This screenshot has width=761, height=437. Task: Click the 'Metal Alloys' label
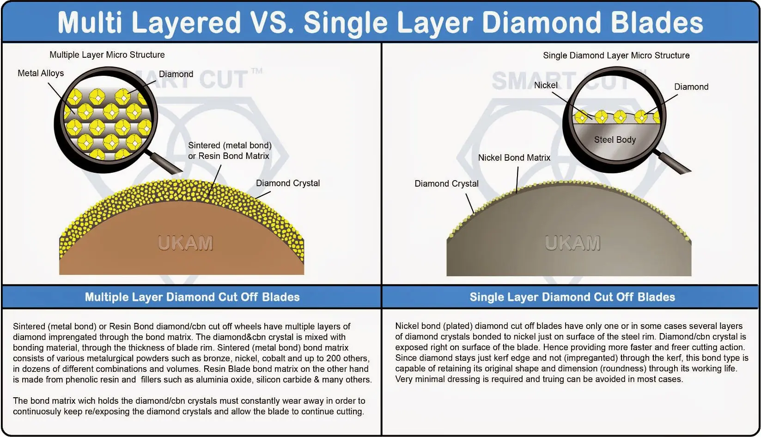pyautogui.click(x=41, y=73)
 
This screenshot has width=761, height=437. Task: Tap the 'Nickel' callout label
pyautogui.click(x=546, y=85)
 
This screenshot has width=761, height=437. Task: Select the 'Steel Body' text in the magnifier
pyautogui.click(x=615, y=140)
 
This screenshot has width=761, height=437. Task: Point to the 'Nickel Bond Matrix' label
pyautogui.click(x=514, y=158)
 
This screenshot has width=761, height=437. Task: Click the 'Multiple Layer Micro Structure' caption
pyautogui.click(x=107, y=55)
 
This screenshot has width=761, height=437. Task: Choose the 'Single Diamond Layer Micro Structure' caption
pyautogui.click(x=616, y=56)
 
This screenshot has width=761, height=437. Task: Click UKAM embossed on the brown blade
pyautogui.click(x=185, y=243)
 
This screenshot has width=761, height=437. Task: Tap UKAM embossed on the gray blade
pyautogui.click(x=573, y=243)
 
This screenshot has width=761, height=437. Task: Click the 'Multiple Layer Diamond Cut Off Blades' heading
pyautogui.click(x=192, y=297)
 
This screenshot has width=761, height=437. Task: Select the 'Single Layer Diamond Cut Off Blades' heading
pyautogui.click(x=572, y=297)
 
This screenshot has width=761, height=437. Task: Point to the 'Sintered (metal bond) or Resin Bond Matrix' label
pyautogui.click(x=230, y=151)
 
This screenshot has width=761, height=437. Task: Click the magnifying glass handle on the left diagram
pyautogui.click(x=165, y=163)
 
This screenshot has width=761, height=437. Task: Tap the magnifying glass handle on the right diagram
pyautogui.click(x=673, y=163)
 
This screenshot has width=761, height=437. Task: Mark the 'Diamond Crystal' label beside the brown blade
pyautogui.click(x=288, y=183)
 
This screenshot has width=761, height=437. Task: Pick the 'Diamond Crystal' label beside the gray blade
pyautogui.click(x=446, y=184)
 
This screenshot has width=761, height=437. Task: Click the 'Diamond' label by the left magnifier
pyautogui.click(x=176, y=74)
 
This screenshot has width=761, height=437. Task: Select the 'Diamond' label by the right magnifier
pyautogui.click(x=691, y=87)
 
